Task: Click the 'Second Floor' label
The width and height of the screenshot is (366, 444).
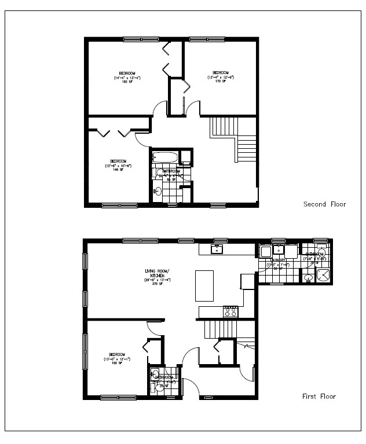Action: click(x=324, y=204)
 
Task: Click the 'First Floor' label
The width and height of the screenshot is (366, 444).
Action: click(x=319, y=397)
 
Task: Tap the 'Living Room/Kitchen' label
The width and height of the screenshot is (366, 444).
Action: click(x=155, y=277)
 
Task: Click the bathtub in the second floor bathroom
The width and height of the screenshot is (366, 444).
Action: click(x=167, y=157)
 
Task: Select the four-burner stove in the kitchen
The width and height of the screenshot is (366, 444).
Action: click(x=230, y=311)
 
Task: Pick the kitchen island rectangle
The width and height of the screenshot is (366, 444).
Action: click(x=204, y=285)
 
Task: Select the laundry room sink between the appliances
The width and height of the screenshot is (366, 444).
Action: click(x=278, y=250)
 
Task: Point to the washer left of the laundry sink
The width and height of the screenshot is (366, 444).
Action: click(x=265, y=251)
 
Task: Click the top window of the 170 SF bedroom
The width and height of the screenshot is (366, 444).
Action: click(x=208, y=39)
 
